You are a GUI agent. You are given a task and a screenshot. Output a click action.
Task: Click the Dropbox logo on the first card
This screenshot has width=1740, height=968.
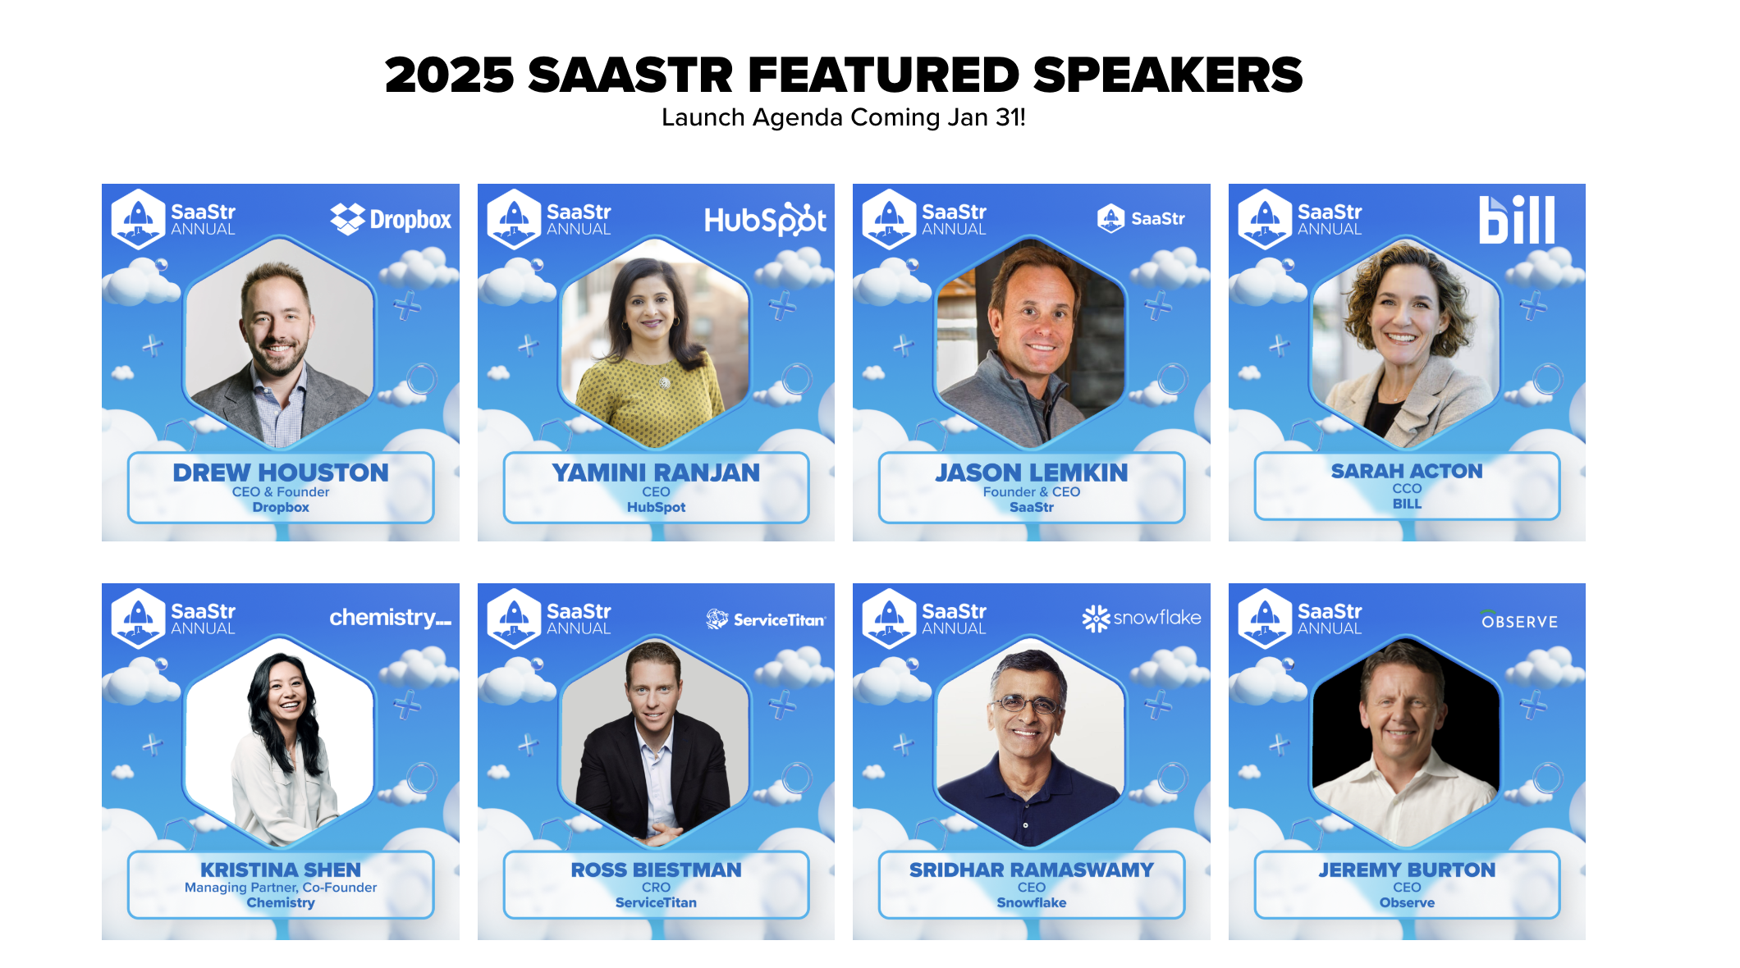click(391, 219)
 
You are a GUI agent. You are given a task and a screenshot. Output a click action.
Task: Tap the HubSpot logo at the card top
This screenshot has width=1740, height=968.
click(765, 220)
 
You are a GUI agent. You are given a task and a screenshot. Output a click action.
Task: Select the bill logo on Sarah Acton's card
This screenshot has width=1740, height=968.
click(1516, 220)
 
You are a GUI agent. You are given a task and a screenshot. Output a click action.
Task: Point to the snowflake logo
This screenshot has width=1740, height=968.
click(1141, 618)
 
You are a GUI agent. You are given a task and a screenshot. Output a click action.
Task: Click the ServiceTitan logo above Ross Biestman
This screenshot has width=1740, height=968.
click(765, 619)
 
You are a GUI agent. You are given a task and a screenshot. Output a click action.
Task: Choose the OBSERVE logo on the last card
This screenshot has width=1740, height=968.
click(1519, 620)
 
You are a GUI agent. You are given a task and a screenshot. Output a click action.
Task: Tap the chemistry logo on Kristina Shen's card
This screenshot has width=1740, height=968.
click(390, 617)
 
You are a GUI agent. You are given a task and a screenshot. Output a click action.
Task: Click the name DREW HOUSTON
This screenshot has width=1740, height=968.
click(281, 473)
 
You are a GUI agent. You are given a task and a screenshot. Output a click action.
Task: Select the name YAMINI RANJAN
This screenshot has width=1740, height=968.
click(656, 473)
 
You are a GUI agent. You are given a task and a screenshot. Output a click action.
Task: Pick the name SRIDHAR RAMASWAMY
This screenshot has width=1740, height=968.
click(1031, 870)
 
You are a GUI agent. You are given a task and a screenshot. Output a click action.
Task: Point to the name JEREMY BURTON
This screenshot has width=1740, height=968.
click(1407, 870)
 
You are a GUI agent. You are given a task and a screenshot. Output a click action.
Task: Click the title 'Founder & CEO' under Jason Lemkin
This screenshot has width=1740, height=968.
click(1031, 491)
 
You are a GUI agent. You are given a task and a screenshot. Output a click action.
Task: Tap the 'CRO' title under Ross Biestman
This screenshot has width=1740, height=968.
click(656, 887)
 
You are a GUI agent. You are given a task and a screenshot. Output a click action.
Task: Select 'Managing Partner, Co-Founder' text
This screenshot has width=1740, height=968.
click(281, 887)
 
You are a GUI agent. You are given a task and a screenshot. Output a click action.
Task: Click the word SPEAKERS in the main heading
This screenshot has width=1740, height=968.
click(1167, 75)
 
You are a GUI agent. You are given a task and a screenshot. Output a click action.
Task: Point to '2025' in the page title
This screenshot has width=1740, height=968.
click(449, 75)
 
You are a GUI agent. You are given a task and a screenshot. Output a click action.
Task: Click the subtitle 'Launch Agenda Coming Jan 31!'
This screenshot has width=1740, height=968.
click(843, 117)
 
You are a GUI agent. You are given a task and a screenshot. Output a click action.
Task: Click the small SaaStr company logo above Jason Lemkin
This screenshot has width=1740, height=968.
click(1141, 218)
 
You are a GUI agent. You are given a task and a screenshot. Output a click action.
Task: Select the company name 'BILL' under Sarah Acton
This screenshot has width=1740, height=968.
click(1407, 504)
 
